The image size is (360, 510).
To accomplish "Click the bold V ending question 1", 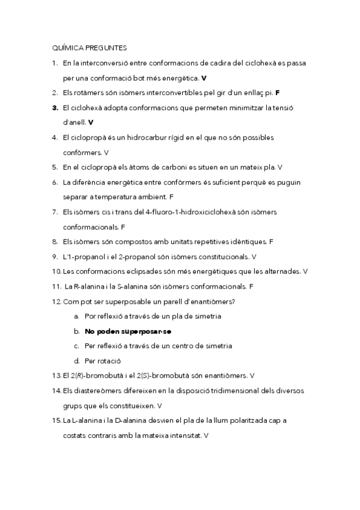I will click(204, 78).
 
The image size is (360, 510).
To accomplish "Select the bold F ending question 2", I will click(278, 93).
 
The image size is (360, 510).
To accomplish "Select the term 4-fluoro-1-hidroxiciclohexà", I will click(184, 212).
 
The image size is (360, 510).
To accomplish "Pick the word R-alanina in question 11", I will click(89, 286).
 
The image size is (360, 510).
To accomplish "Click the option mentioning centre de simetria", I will click(159, 346).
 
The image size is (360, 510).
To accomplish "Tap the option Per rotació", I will click(103, 361).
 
